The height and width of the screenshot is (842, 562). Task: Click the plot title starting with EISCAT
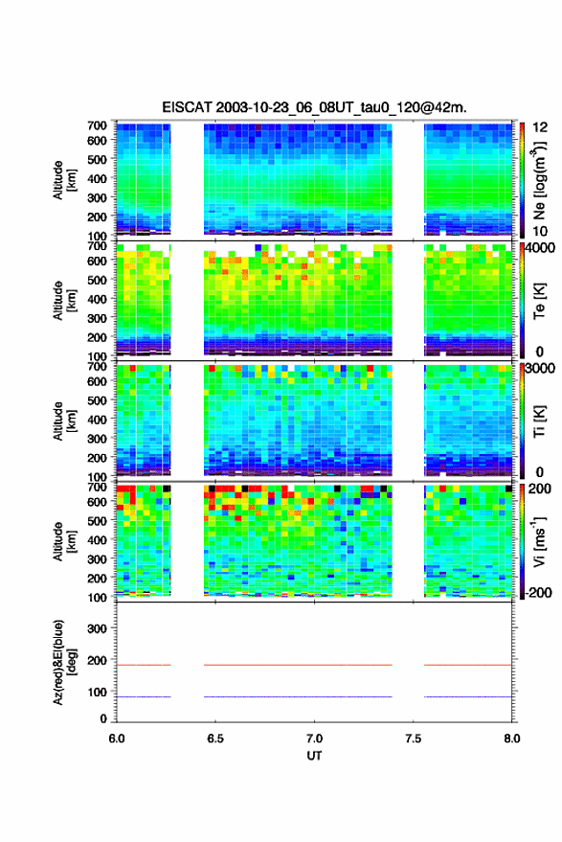(x=315, y=107)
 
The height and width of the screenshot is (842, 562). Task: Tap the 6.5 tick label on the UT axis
(x=215, y=739)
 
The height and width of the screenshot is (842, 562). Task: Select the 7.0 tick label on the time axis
(x=315, y=739)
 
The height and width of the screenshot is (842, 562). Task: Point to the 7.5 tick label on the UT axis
(x=414, y=739)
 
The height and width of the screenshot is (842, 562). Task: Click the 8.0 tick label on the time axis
(x=511, y=739)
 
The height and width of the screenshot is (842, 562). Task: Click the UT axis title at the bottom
(x=315, y=756)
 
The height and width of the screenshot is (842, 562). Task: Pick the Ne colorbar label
(x=539, y=180)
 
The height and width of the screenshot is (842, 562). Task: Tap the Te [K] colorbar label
(x=539, y=301)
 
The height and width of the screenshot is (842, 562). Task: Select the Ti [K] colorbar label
(x=539, y=421)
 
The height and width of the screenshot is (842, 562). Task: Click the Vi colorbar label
(x=539, y=541)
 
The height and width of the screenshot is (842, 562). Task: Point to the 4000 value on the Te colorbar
(x=541, y=249)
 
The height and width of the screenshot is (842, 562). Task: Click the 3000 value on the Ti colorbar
(x=541, y=369)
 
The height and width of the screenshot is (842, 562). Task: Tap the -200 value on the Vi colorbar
(x=539, y=592)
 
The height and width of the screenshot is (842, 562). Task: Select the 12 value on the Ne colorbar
(x=540, y=127)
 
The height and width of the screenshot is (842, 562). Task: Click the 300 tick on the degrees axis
(x=97, y=628)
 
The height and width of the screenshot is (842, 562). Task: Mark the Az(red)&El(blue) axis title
(x=64, y=662)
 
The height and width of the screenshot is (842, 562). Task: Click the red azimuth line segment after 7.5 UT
(x=468, y=665)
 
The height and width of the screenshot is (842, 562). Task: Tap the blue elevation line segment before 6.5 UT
(x=144, y=696)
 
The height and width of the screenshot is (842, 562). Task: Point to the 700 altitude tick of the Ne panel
(x=97, y=125)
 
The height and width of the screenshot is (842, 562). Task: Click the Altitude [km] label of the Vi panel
(x=64, y=541)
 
